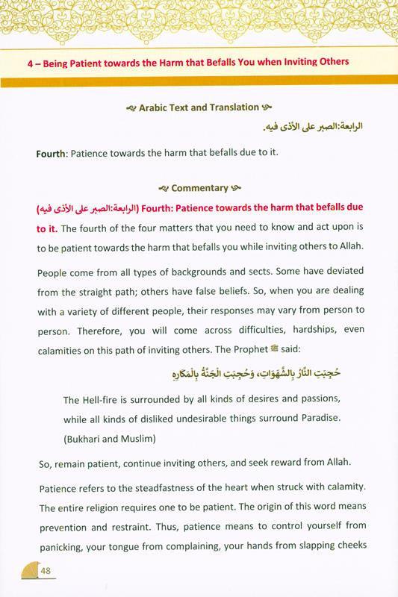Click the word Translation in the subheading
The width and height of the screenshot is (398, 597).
coord(221,107)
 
